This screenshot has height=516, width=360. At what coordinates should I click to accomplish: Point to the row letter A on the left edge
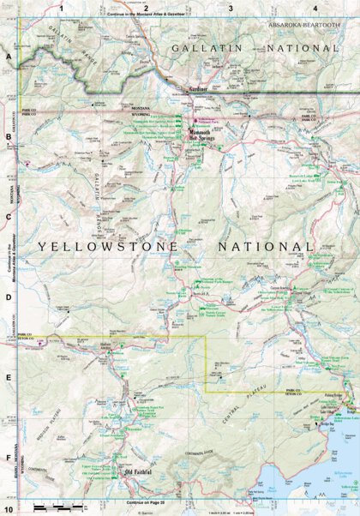click(x=8, y=57)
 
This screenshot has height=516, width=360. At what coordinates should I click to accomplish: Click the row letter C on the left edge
click(x=8, y=216)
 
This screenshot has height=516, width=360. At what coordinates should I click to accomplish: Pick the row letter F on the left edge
click(x=8, y=458)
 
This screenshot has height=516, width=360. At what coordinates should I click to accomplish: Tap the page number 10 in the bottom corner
click(x=8, y=510)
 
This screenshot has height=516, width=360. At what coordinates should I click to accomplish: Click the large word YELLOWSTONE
click(x=108, y=246)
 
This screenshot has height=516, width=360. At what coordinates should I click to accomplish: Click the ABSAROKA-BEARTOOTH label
click(x=304, y=26)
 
